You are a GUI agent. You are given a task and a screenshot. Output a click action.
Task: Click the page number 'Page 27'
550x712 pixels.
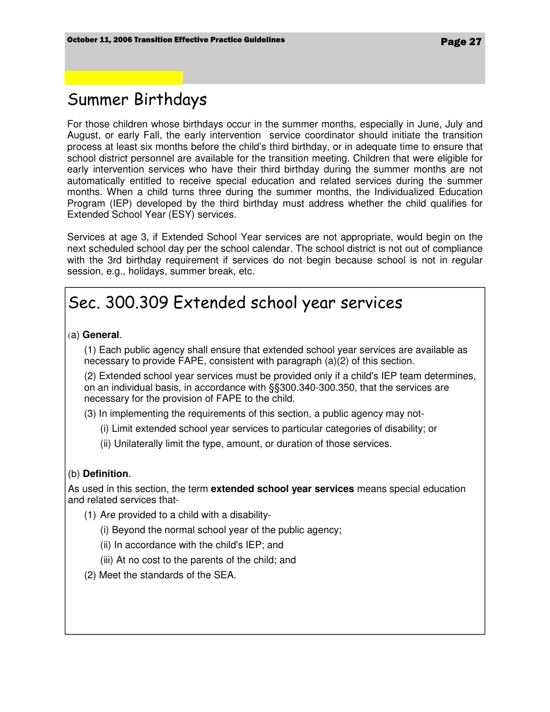[461, 42]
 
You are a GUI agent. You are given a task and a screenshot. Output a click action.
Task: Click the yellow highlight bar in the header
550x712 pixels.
[123, 78]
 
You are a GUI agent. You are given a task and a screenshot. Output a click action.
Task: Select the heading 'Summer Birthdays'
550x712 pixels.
[137, 100]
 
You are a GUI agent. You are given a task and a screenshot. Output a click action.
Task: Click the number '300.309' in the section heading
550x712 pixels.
[137, 303]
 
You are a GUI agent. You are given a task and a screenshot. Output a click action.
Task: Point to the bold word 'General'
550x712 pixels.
[101, 335]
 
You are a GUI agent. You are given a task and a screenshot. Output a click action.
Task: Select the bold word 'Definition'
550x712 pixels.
[105, 474]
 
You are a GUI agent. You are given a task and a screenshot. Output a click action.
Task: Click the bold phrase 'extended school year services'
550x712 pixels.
[282, 489]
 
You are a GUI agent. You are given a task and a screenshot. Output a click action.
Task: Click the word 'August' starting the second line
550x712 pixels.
[83, 135]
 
